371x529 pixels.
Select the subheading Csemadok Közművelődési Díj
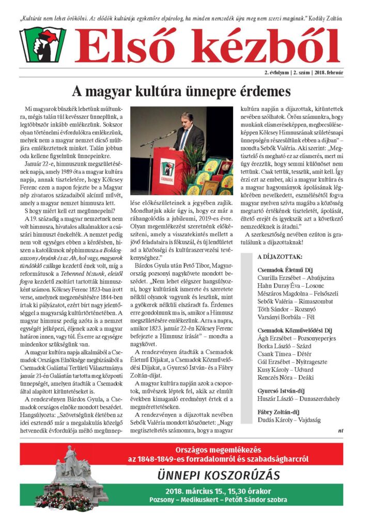[x=295, y=330]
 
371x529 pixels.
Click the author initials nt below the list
[x=341, y=430]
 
